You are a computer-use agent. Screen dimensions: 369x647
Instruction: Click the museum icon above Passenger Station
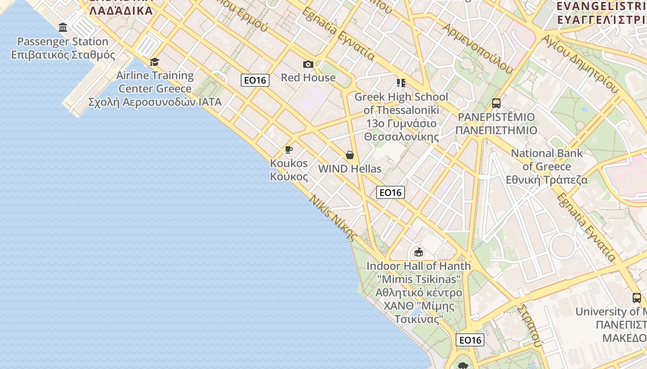coord(63,28)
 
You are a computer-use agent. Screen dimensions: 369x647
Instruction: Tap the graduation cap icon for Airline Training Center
coord(154,62)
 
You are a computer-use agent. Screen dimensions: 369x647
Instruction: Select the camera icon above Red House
coord(308,64)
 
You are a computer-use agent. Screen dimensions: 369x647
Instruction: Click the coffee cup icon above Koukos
coord(289,149)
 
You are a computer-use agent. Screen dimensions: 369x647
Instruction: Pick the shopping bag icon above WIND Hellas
coord(350,155)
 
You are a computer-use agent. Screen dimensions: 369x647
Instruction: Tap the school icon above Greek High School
coord(401,83)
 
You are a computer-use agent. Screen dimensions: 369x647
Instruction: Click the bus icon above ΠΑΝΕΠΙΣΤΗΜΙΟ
coord(496,103)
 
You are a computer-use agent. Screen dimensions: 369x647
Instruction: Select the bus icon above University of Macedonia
coord(637,298)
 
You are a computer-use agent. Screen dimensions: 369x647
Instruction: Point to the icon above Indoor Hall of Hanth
coord(419,252)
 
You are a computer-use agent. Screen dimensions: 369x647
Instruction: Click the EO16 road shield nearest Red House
coord(255,80)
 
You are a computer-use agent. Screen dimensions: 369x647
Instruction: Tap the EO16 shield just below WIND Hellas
coord(391,192)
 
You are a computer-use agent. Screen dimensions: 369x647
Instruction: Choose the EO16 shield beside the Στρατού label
coord(470,340)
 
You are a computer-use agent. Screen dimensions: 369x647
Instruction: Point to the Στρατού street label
coord(530,325)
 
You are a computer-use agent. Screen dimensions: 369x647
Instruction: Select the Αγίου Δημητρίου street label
coord(580,64)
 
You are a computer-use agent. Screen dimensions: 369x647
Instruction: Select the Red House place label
coord(308,77)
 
